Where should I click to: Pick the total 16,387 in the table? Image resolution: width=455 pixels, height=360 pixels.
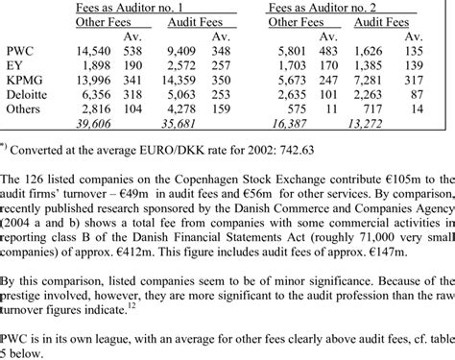pos(284,122)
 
